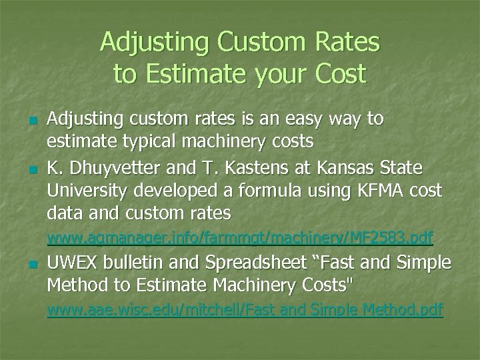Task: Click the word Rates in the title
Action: click(347, 43)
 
